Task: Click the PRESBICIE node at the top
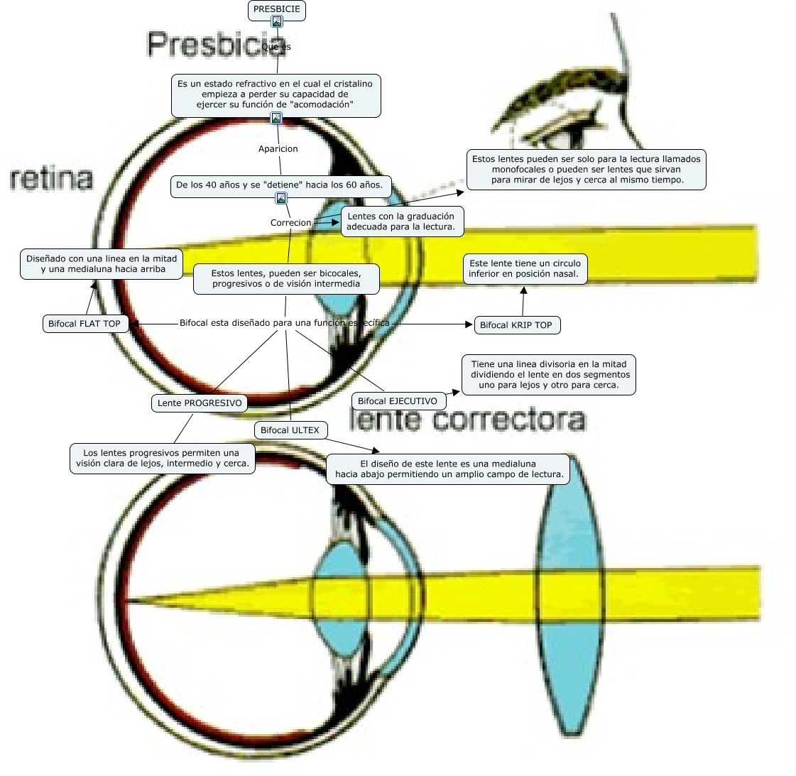[277, 9]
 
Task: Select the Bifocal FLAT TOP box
[84, 324]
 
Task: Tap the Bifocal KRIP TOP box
[516, 325]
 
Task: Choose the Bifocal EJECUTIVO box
[398, 401]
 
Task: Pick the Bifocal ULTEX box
[290, 430]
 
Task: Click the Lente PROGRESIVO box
[200, 403]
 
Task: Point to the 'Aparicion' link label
[278, 149]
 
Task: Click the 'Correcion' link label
[290, 223]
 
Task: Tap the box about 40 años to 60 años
[279, 185]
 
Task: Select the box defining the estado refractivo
[276, 94]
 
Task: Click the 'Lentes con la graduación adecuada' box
[401, 222]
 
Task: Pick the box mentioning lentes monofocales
[587, 170]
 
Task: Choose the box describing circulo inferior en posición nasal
[525, 268]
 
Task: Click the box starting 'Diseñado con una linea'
[102, 264]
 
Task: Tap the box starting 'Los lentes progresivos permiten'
[163, 458]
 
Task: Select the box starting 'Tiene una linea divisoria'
[549, 375]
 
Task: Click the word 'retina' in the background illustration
[52, 179]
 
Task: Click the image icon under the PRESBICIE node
[277, 22]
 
